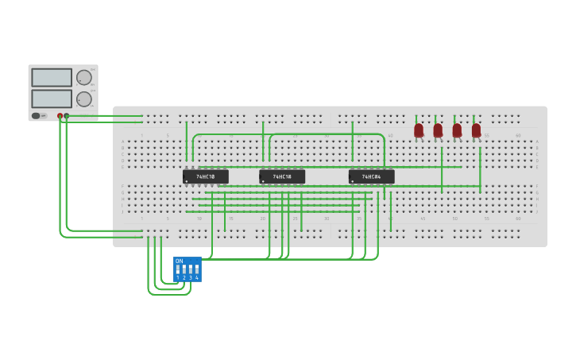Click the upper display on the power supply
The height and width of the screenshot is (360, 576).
(x=52, y=77)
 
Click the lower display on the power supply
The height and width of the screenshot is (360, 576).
(x=52, y=99)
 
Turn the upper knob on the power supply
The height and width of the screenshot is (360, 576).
(x=83, y=77)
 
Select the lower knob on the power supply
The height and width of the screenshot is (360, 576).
(x=83, y=99)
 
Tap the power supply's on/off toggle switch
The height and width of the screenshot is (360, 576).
(x=37, y=115)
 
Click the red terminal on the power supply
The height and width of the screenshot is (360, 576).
(x=60, y=115)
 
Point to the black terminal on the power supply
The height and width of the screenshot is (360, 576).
(x=66, y=115)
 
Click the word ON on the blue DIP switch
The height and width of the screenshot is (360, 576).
(x=179, y=261)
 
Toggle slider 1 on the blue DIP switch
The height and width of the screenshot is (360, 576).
(x=178, y=269)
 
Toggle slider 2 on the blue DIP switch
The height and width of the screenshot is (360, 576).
(x=184, y=269)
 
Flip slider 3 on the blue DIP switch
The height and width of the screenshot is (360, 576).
(x=191, y=269)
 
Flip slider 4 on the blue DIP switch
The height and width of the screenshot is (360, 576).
(x=196, y=269)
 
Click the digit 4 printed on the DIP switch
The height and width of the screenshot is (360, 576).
(x=197, y=277)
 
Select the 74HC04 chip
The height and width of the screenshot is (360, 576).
(x=371, y=176)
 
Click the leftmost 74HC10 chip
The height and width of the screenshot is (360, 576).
(x=205, y=176)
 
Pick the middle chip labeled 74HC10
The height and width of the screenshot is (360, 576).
(x=282, y=176)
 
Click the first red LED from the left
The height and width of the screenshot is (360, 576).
(x=419, y=130)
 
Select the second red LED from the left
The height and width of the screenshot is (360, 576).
(x=438, y=130)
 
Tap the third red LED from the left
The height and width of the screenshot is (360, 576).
(x=457, y=130)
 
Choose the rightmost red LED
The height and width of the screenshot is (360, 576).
(x=476, y=130)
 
